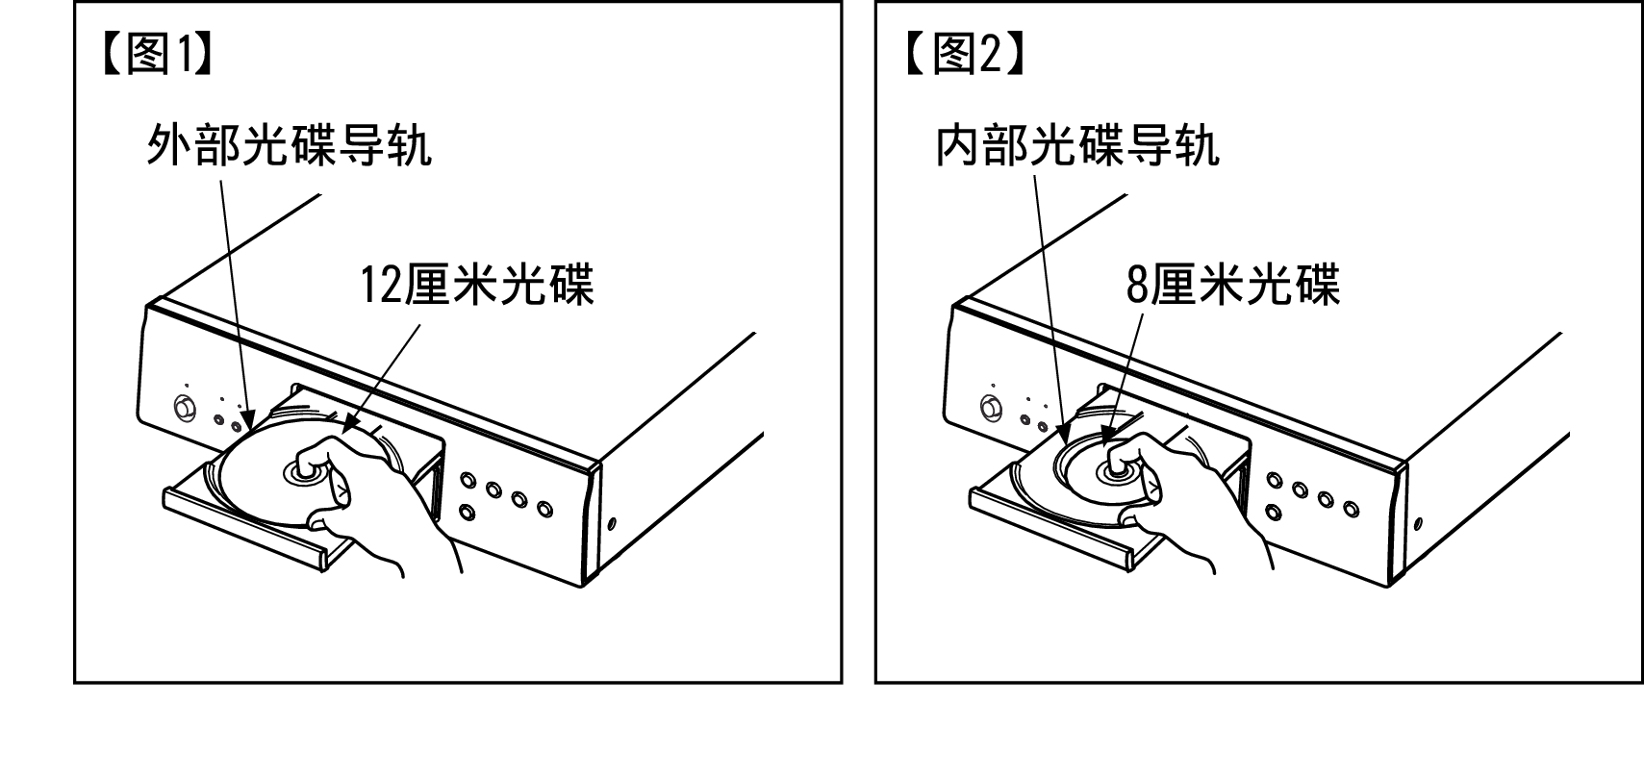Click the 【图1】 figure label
[158, 54]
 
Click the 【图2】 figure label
[964, 54]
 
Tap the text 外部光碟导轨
[290, 144]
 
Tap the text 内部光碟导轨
[1077, 144]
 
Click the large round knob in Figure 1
[185, 408]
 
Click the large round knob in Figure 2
[991, 408]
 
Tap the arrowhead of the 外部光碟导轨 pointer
[249, 420]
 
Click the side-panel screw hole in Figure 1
[612, 523]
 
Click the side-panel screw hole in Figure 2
[1418, 523]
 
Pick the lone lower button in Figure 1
[467, 511]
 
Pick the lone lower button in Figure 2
[1274, 511]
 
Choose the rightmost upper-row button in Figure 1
[544, 508]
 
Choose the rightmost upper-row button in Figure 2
[1351, 508]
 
